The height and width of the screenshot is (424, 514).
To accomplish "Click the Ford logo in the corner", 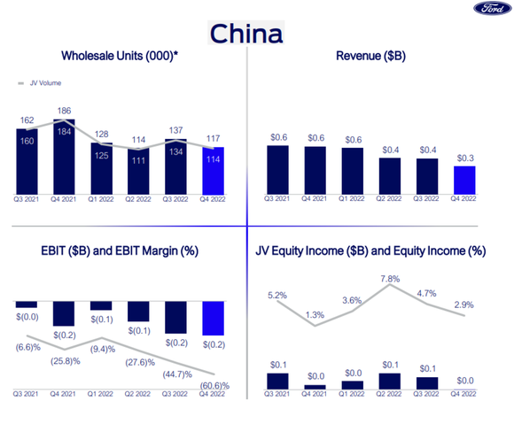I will (x=489, y=9).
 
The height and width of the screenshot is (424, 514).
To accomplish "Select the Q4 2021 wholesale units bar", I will (x=64, y=156).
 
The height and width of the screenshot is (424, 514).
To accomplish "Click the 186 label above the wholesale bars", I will (x=64, y=112).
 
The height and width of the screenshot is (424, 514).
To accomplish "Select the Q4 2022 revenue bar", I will (x=464, y=180).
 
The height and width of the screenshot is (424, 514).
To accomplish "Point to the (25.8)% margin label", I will (x=66, y=361).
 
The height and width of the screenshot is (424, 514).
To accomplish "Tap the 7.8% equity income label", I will (x=390, y=280).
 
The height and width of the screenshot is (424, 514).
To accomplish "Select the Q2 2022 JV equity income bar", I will (x=390, y=381).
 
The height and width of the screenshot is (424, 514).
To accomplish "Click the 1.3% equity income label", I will (x=315, y=314).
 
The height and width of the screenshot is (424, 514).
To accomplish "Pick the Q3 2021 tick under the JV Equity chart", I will (x=277, y=395).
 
